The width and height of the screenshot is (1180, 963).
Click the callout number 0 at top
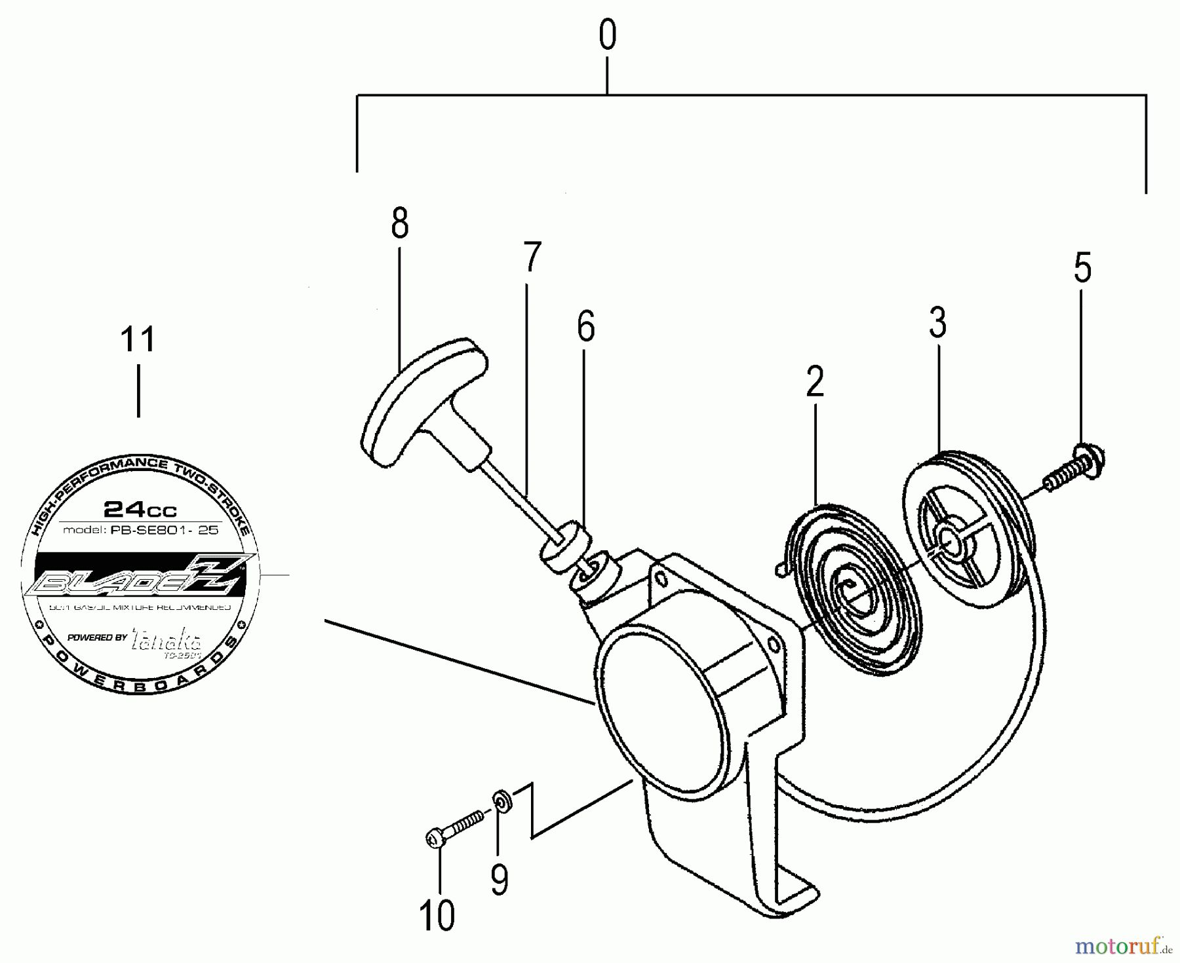[x=607, y=36]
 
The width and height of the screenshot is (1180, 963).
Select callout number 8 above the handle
[x=399, y=223]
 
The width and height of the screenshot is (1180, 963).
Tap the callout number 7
[x=532, y=257]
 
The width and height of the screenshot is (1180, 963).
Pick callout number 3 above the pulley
[x=937, y=323]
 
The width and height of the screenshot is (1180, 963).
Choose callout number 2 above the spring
[x=814, y=381]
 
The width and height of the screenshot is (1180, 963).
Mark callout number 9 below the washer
[x=499, y=879]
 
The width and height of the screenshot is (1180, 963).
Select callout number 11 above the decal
[x=138, y=339]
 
